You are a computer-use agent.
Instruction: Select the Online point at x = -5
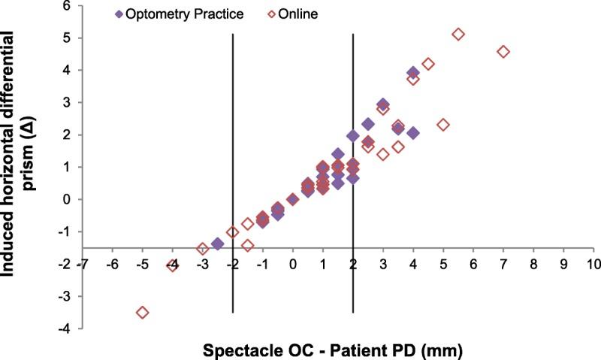[142, 312]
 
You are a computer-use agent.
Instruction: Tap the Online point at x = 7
[503, 52]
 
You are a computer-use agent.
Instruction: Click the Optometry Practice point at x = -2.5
[218, 244]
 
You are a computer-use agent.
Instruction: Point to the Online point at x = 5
[443, 125]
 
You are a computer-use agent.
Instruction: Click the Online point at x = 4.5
[428, 64]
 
